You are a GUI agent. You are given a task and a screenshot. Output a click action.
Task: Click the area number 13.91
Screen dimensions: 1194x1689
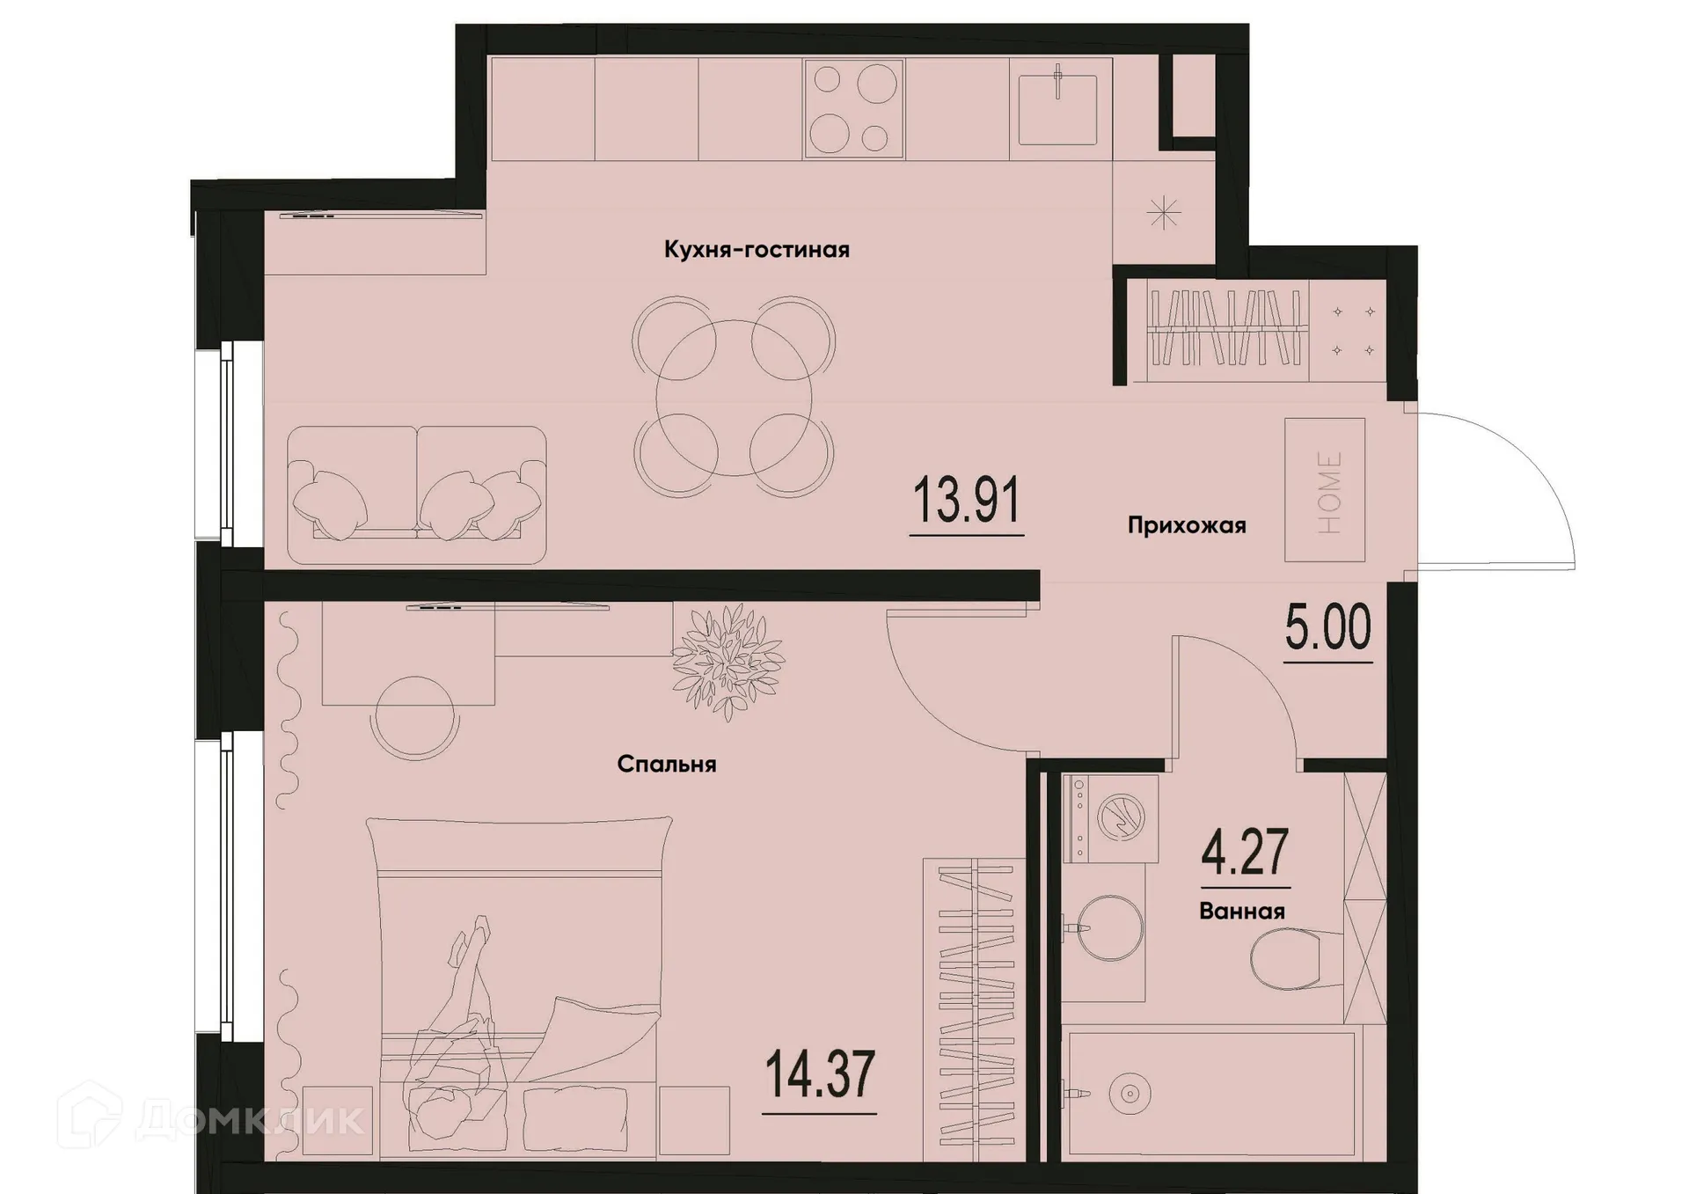click(x=966, y=501)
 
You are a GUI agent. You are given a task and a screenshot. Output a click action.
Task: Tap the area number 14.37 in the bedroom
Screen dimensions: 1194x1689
click(x=820, y=1075)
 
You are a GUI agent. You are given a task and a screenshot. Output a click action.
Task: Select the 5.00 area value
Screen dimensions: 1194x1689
click(x=1327, y=627)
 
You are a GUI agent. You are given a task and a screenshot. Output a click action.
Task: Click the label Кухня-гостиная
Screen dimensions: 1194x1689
click(x=757, y=250)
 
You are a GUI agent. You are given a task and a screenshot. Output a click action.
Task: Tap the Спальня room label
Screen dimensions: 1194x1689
click(x=666, y=765)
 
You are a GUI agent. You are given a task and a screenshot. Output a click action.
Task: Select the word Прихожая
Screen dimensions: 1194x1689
click(x=1187, y=526)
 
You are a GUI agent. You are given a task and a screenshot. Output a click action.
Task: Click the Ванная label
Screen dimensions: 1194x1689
click(x=1241, y=912)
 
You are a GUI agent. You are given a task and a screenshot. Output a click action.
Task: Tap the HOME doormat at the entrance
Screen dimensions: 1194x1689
click(x=1325, y=490)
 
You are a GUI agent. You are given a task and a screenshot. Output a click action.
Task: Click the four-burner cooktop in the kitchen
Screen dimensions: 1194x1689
click(x=853, y=109)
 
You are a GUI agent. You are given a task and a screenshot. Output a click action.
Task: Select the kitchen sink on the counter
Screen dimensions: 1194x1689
click(x=1057, y=109)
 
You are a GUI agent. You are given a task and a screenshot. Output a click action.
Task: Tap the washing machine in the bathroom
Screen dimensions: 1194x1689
click(x=1111, y=818)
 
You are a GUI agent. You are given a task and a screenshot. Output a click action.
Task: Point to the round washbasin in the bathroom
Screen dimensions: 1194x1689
click(x=1109, y=928)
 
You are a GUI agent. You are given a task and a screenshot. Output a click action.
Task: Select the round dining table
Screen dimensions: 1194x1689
click(x=734, y=398)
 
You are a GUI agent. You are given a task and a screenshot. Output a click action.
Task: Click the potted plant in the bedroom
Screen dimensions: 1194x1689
click(x=728, y=662)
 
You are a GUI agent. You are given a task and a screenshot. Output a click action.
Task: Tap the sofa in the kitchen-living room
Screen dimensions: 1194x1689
click(x=417, y=494)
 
